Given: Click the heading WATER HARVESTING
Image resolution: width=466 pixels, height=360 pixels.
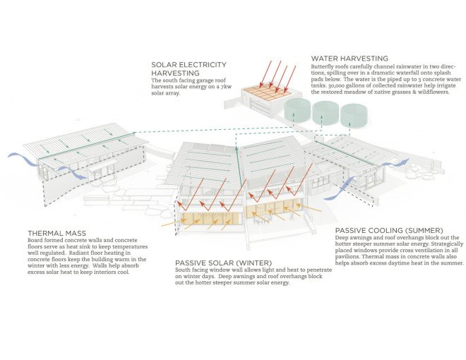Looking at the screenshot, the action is click(x=349, y=58).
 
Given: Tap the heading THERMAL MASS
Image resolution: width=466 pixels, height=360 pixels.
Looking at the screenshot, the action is click(x=56, y=233).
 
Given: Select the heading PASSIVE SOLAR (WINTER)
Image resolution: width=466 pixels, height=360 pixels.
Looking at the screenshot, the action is click(x=224, y=263).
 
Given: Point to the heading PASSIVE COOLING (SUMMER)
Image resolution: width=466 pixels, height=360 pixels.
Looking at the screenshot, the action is click(x=389, y=230).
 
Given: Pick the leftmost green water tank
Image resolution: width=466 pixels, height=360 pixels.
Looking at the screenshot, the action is click(x=297, y=110).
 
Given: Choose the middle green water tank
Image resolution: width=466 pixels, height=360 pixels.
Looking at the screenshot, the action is click(x=325, y=112).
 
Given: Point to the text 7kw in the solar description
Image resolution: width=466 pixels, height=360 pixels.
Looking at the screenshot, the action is click(x=226, y=87).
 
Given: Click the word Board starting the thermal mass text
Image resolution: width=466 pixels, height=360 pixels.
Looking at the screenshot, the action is click(x=35, y=240).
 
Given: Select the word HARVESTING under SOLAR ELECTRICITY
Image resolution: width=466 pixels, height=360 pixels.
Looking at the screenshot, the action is click(x=175, y=73).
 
